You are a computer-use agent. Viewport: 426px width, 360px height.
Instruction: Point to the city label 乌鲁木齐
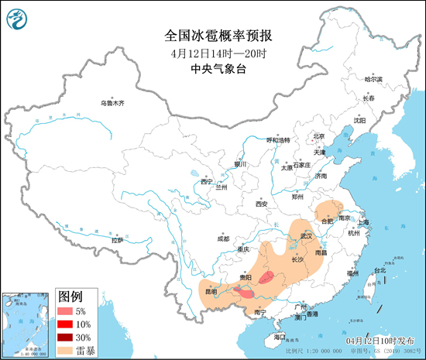(112, 103)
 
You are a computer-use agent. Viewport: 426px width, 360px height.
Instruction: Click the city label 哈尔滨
(373, 79)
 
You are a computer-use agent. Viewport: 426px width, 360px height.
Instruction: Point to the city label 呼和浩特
(277, 140)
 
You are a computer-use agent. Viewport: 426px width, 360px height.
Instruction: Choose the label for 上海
(366, 222)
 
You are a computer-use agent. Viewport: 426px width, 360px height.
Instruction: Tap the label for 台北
(379, 270)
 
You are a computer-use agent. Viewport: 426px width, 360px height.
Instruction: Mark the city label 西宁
(205, 181)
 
